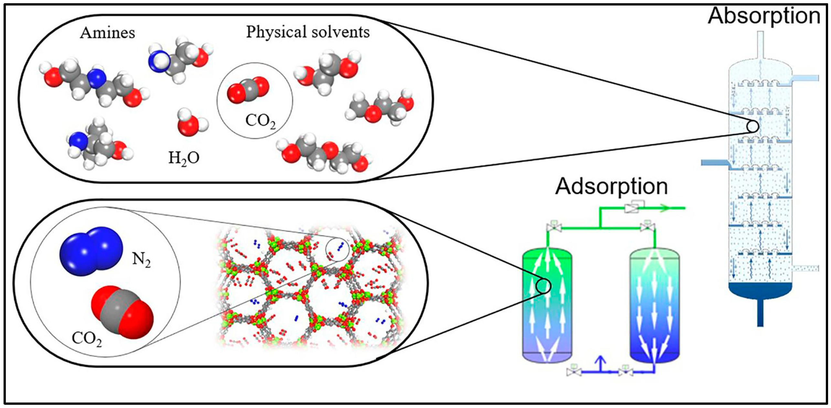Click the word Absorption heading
[x=764, y=16]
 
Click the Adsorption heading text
[x=611, y=187]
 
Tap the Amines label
[x=107, y=33]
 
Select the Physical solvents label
[x=308, y=32]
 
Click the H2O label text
[x=184, y=158]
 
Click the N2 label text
[x=142, y=260]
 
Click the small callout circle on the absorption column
[x=752, y=126]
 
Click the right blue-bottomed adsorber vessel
[x=655, y=307]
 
